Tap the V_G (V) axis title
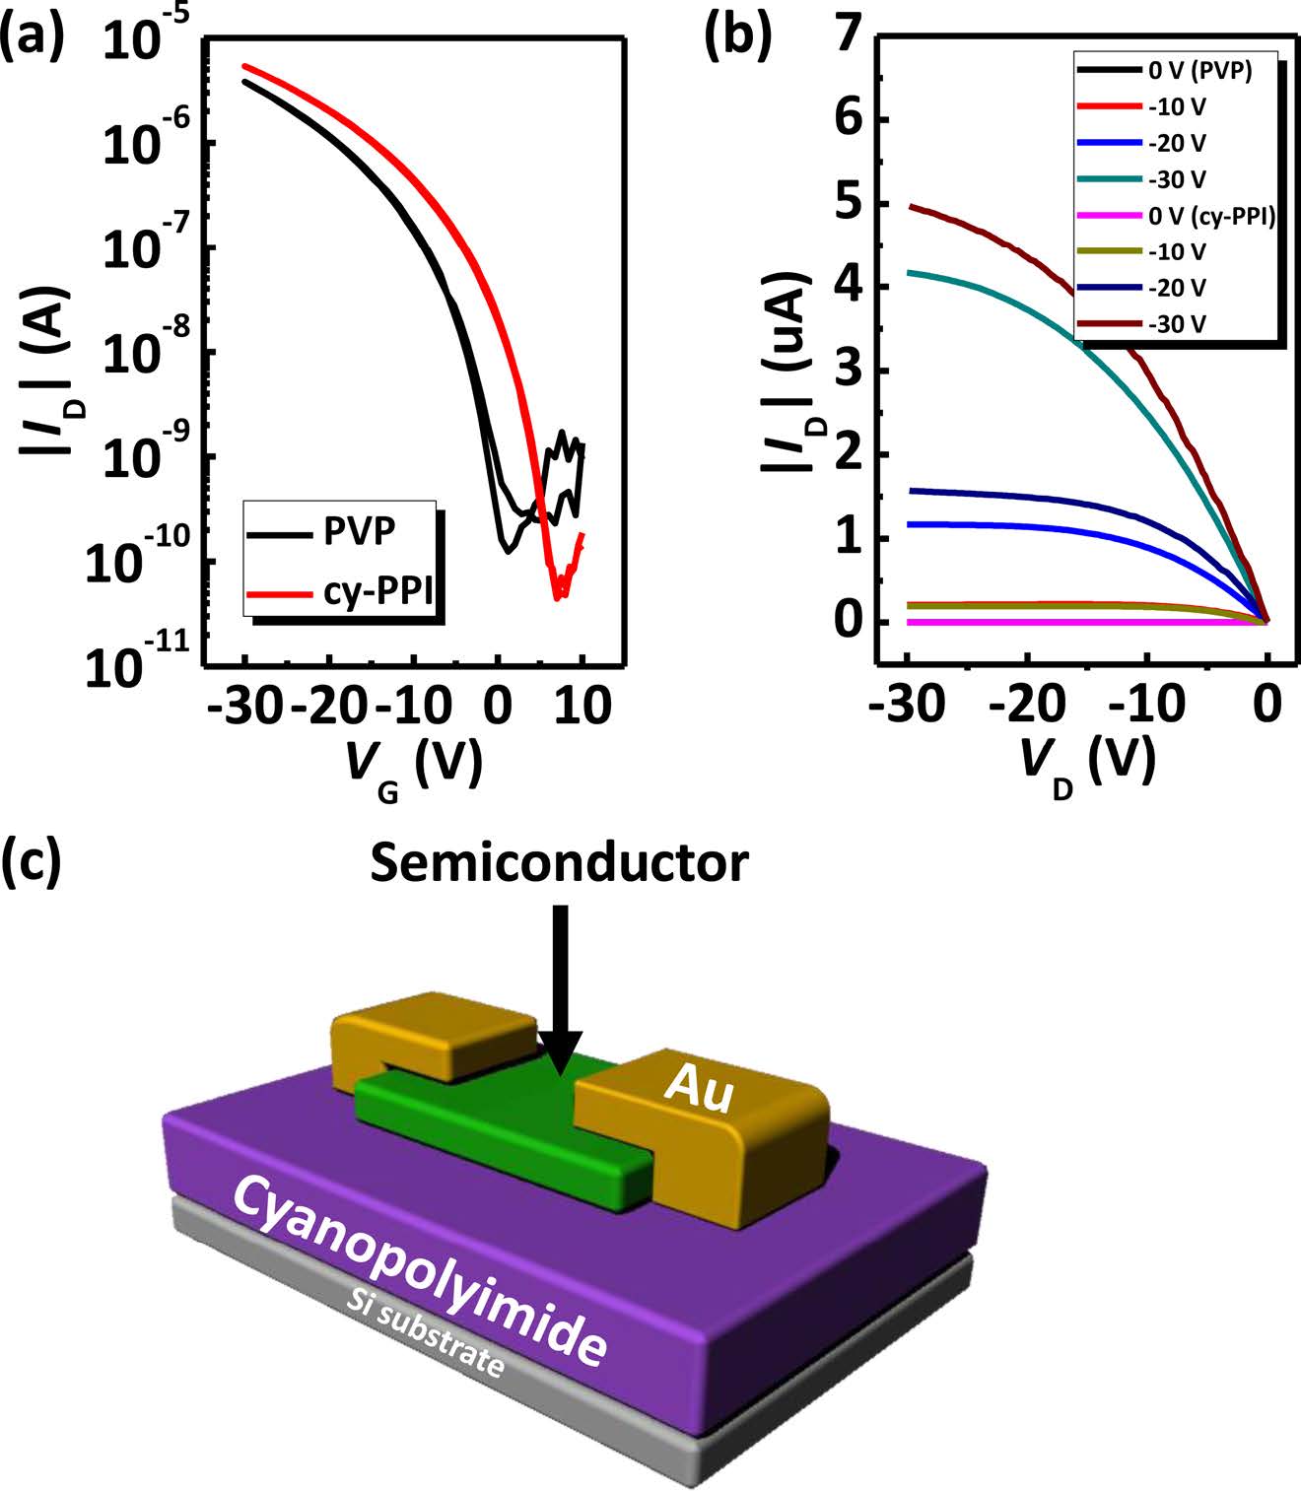click(x=414, y=768)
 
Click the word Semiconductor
click(x=560, y=863)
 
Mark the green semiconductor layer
click(x=493, y=1123)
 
